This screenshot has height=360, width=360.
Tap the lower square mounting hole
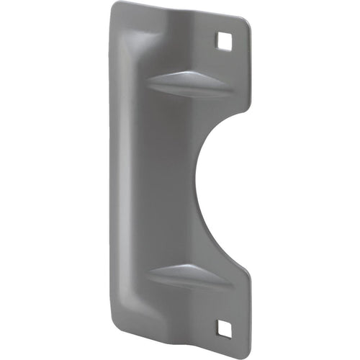tap(224, 328)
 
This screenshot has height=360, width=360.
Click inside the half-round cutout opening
tap(230, 180)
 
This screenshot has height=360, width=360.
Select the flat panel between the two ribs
tap(162, 180)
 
